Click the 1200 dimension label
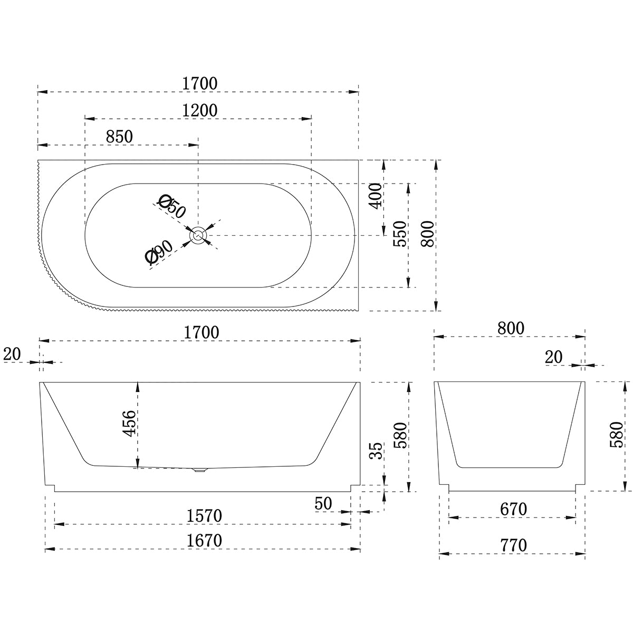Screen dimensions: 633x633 (x=199, y=110)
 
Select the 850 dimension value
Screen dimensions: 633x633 (x=119, y=137)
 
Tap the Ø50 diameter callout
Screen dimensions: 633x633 (x=172, y=206)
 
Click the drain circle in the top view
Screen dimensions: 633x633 (x=199, y=236)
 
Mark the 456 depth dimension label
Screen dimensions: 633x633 (x=130, y=423)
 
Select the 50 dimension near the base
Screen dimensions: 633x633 (x=323, y=504)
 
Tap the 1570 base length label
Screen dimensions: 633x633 (x=204, y=516)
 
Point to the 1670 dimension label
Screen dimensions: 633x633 (x=204, y=541)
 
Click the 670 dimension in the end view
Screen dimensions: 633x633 (x=513, y=510)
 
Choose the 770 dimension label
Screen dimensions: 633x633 (x=513, y=545)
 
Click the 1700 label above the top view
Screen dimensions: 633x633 (x=199, y=83)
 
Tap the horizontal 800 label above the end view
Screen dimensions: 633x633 (x=510, y=328)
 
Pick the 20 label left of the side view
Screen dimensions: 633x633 (x=12, y=354)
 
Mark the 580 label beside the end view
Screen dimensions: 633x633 (x=616, y=435)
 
